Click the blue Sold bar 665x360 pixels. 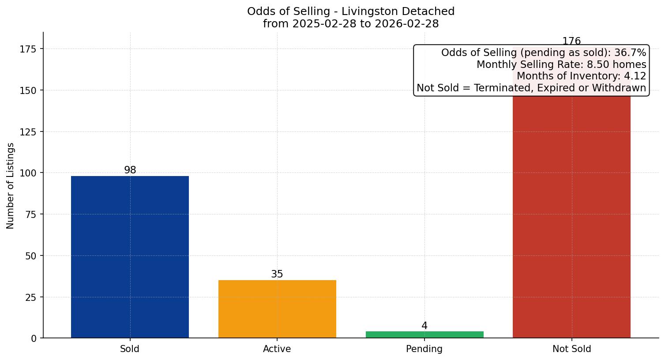(x=130, y=257)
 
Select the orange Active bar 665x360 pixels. (x=277, y=309)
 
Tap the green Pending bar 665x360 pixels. (x=425, y=334)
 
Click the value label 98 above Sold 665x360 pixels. (x=130, y=170)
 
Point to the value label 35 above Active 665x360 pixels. (x=277, y=274)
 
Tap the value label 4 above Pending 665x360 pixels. (x=425, y=326)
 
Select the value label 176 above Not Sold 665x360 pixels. (x=571, y=41)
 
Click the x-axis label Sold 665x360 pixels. (x=130, y=349)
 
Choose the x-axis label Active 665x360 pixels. (x=277, y=349)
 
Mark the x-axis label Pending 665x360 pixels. (x=425, y=349)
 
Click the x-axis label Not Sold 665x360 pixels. (x=571, y=349)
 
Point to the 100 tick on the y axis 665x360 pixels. (x=28, y=173)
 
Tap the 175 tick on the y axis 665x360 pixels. (x=28, y=49)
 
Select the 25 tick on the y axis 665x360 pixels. (x=31, y=297)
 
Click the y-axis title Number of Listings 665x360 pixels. (x=11, y=186)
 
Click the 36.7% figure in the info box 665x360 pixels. (x=630, y=53)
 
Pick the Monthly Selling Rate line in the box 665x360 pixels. (x=561, y=65)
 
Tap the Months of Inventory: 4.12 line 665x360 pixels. (x=581, y=76)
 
